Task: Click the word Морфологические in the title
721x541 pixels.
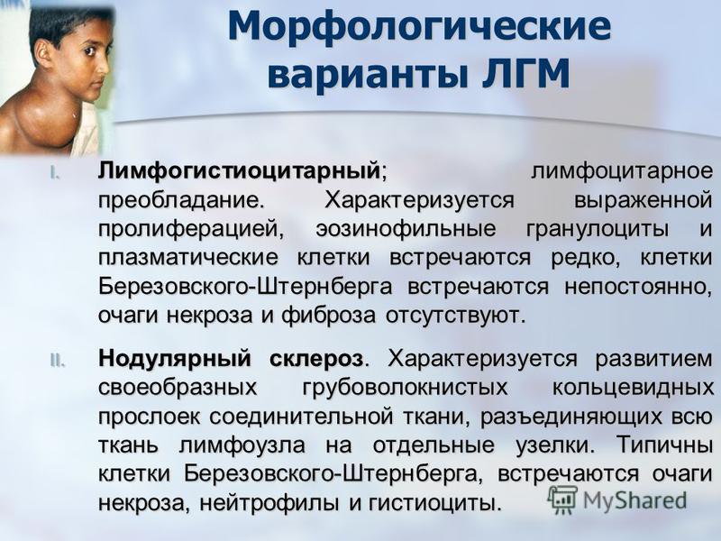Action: click(x=419, y=26)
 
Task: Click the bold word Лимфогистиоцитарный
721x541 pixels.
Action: click(x=239, y=171)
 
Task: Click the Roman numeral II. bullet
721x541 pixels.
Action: click(x=58, y=362)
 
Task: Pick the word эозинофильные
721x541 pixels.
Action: click(x=406, y=230)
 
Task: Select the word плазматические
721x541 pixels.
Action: click(x=188, y=258)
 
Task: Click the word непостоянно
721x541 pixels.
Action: click(x=638, y=287)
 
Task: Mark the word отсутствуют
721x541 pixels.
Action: click(x=455, y=316)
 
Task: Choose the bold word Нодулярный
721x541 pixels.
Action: click(x=175, y=359)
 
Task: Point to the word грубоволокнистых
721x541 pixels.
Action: click(x=405, y=388)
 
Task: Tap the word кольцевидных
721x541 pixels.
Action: click(x=633, y=388)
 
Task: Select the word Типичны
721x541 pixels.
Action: click(x=664, y=445)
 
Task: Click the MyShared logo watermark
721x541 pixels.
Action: click(x=617, y=500)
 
